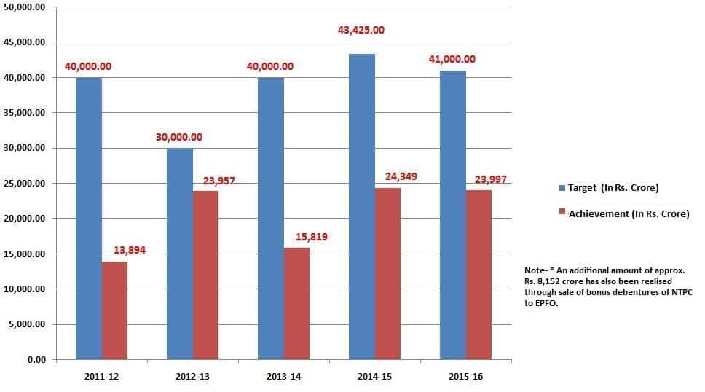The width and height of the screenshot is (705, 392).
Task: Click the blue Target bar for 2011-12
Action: click(x=89, y=219)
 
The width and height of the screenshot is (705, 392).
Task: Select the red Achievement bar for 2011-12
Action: click(x=114, y=310)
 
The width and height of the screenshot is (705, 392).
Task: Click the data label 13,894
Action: click(x=130, y=250)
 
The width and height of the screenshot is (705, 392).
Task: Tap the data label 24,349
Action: click(x=401, y=176)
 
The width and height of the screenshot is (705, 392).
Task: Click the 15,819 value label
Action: click(x=312, y=236)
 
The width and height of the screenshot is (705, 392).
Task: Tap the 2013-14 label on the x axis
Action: click(x=283, y=376)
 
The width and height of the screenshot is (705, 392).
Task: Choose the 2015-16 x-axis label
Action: click(x=465, y=376)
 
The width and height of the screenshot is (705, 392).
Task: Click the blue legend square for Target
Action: click(x=562, y=188)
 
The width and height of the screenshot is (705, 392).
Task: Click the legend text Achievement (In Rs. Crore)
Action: click(x=629, y=214)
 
